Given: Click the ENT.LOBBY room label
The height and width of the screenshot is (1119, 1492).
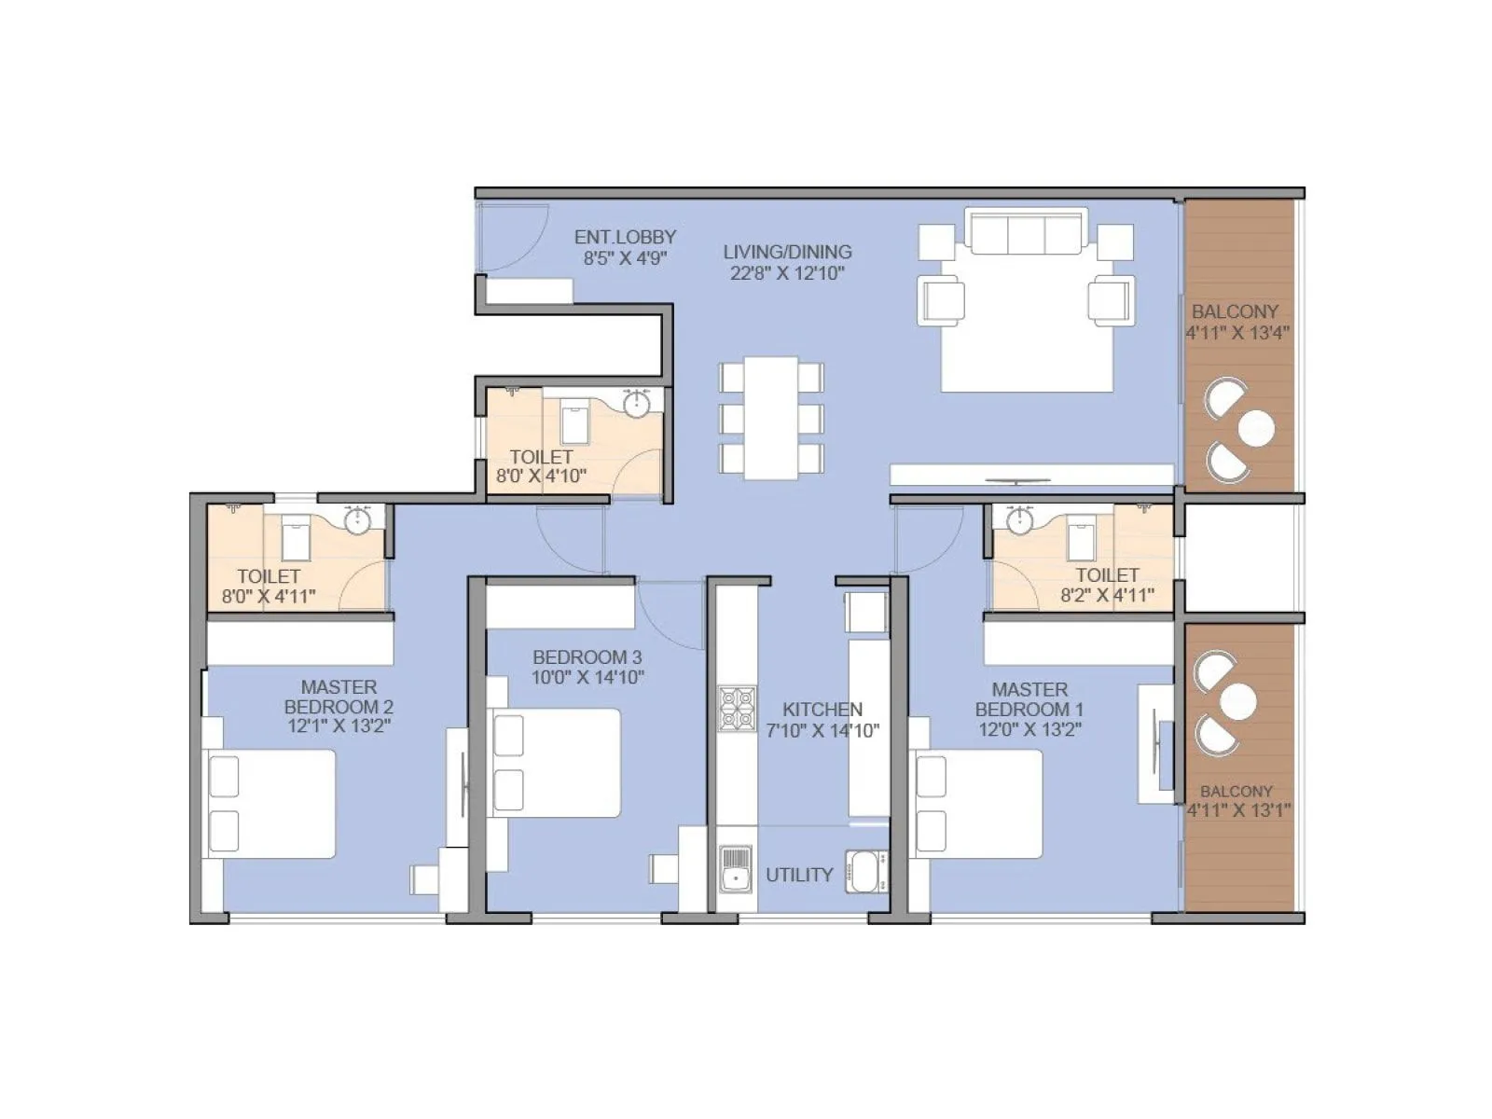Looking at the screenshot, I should pos(625,237).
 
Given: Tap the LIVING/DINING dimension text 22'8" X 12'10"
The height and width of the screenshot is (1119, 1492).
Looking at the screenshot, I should pos(787,273).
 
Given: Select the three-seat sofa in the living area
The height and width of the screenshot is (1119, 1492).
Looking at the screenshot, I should pos(1026,231).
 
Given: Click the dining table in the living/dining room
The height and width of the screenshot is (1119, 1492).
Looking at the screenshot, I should pos(770,418).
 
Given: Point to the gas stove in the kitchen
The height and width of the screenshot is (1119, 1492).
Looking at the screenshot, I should pos(737,709).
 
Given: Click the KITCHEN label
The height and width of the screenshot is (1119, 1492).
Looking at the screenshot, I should pos(822,709).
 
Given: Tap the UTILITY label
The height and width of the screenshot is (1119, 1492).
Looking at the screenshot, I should pos(799,875).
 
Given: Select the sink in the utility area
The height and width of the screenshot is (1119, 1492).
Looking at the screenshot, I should pos(736,868).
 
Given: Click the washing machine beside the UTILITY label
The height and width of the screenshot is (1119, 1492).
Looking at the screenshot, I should pos(866,872).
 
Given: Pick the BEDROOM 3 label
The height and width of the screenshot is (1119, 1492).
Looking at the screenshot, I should pos(587,656).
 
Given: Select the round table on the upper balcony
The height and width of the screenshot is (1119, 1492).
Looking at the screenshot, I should pos(1257,428).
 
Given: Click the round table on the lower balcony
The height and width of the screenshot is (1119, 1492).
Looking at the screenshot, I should pos(1238,701).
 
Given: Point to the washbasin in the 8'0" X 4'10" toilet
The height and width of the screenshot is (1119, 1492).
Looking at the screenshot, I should pos(637,404).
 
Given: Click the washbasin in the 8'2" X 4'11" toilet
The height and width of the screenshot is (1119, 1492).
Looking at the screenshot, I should pos(1020,519).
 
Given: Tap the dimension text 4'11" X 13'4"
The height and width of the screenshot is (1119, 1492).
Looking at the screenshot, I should pos(1237,333).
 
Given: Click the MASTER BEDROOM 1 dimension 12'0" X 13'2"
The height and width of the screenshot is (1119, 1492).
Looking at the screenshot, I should pos(1029,729).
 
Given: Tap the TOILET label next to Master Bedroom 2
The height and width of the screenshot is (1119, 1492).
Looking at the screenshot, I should pos(269,576).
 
